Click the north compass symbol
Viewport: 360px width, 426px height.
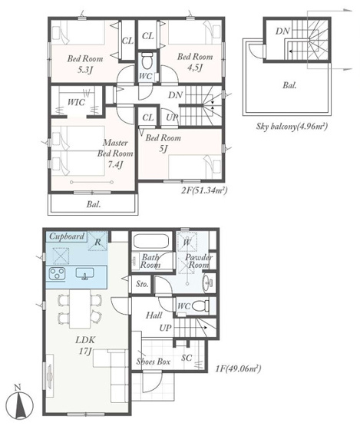coord(19,401)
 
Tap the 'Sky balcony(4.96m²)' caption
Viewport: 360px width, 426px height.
coord(292,127)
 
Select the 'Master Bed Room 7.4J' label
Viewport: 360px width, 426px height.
coord(115,154)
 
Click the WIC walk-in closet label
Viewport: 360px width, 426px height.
coord(76,102)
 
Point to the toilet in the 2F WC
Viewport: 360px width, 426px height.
coord(147,61)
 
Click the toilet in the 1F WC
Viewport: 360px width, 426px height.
coord(201,306)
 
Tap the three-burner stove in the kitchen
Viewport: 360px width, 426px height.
coord(57,273)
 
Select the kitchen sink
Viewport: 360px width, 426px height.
coord(84,273)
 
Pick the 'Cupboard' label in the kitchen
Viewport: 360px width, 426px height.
coord(67,236)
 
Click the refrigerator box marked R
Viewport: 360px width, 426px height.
coord(97,241)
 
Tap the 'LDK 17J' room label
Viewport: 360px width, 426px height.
coord(85,345)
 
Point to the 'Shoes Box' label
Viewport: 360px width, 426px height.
coord(154,362)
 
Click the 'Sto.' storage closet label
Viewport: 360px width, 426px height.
coord(142,284)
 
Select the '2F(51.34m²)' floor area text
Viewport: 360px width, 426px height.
coord(204,190)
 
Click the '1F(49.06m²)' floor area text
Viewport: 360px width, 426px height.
coord(238,368)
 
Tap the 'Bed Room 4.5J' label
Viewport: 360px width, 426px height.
coord(195,62)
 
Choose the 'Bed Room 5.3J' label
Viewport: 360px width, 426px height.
coord(85,64)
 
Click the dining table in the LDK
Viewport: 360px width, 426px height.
coord(80,309)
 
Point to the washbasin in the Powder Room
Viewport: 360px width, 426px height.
coord(208,282)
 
